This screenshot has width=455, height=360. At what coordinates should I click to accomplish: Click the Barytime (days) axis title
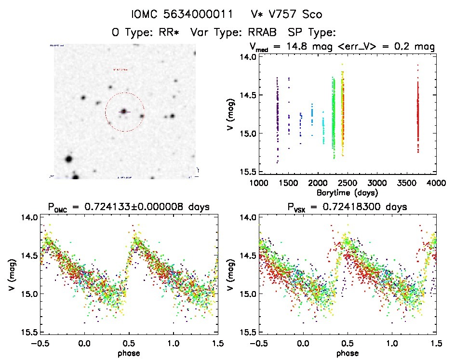348,192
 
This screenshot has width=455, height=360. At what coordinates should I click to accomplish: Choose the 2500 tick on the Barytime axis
347,183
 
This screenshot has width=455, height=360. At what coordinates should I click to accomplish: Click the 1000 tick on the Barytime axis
258,183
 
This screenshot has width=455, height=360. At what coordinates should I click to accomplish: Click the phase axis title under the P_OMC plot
129,352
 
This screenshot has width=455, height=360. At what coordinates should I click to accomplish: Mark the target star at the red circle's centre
124,112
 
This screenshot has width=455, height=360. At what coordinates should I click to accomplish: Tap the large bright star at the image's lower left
68,159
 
